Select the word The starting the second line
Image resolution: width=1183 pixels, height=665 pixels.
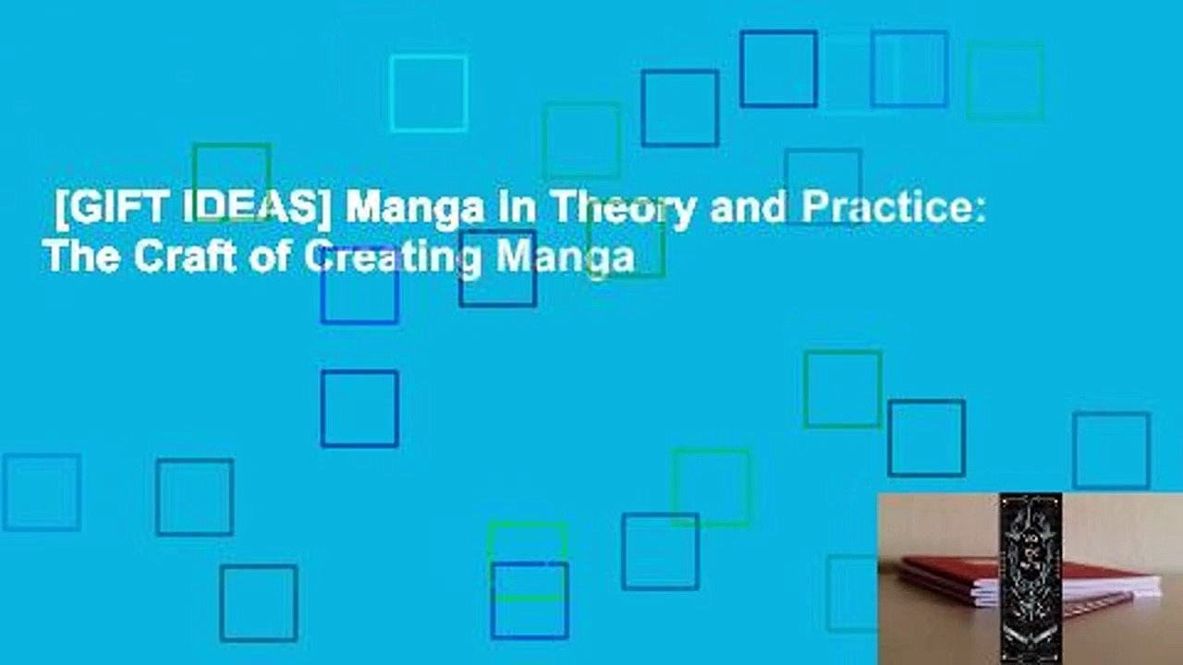[80, 256]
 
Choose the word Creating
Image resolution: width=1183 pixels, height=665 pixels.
[392, 258]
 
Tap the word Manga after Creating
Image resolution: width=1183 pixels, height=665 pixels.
[565, 258]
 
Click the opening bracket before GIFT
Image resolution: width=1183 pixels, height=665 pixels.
[61, 212]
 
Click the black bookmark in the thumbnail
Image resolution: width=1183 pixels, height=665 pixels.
[1030, 573]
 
